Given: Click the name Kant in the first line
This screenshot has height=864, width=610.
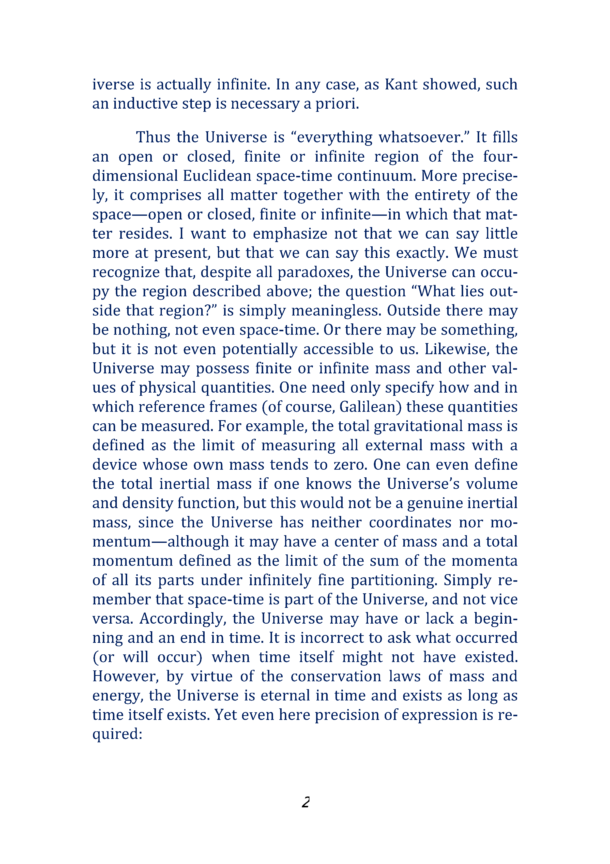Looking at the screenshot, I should (401, 84).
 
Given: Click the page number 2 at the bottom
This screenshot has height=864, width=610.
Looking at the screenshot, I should (305, 802).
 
